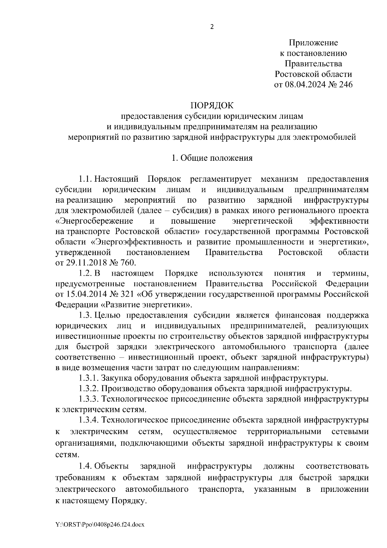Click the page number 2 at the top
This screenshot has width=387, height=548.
[212, 27]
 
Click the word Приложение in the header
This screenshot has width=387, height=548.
[313, 43]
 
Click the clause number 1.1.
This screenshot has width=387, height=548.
[86, 179]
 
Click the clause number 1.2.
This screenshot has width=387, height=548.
[86, 273]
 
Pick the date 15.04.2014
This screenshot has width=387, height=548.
[86, 294]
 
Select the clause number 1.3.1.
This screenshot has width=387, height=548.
[89, 378]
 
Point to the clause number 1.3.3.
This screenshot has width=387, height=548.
[89, 399]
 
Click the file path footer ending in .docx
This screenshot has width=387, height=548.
[100, 524]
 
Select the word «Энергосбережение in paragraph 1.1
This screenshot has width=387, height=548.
[94, 221]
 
